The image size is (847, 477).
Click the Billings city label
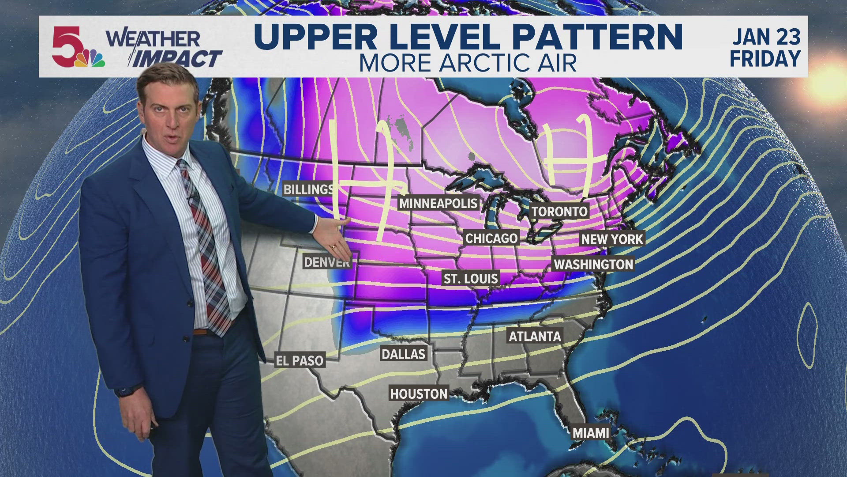(x=308, y=189)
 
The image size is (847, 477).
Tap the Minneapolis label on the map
(x=438, y=203)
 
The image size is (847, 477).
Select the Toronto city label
(x=559, y=212)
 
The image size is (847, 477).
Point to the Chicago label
(x=491, y=238)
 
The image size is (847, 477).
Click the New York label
(x=612, y=239)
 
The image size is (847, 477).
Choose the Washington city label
(x=593, y=265)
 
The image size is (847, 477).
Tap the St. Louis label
(x=471, y=279)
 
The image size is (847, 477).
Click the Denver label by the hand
(x=326, y=262)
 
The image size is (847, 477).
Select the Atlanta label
(x=535, y=337)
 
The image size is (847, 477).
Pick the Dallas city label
(x=403, y=354)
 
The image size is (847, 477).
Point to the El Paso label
(x=300, y=361)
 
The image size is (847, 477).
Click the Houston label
(x=419, y=394)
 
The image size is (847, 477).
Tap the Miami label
(x=591, y=433)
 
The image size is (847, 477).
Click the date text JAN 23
(x=766, y=37)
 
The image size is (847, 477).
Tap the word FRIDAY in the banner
(x=765, y=59)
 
